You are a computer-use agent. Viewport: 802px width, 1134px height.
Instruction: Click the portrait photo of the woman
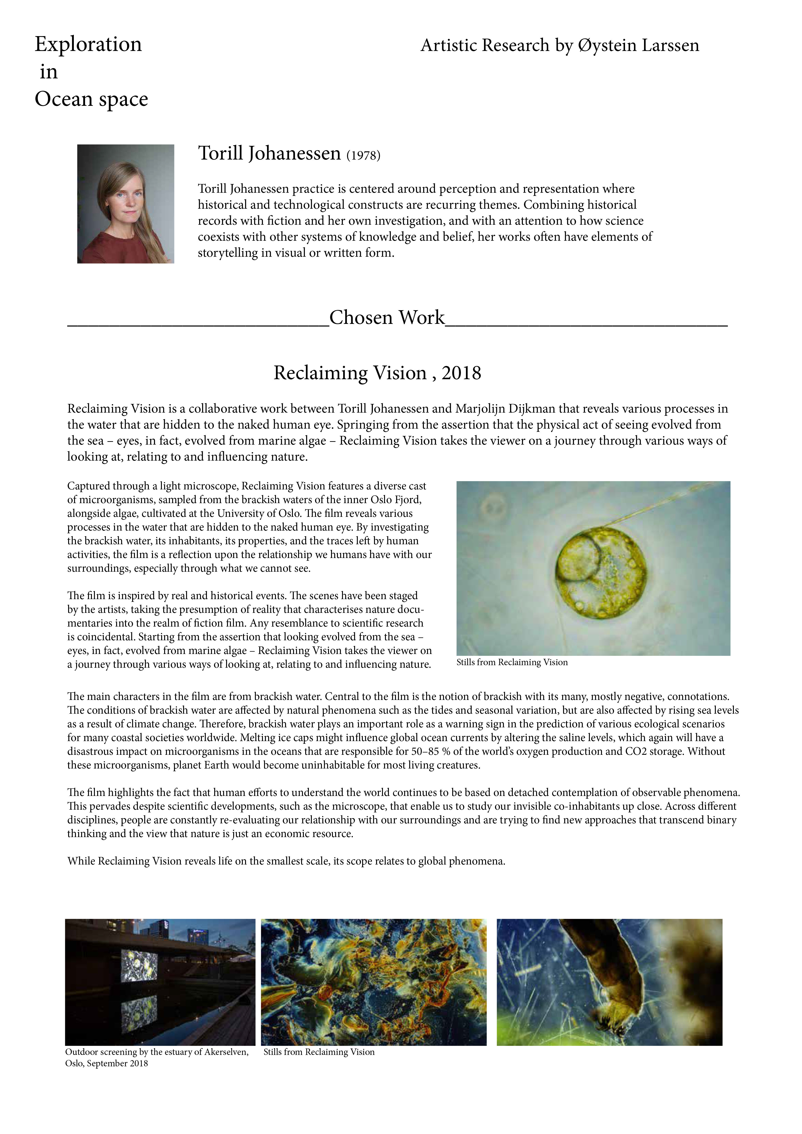pos(126,203)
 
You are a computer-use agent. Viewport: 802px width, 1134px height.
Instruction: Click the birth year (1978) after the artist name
pos(364,156)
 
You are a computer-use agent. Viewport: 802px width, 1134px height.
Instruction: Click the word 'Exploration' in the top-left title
pos(88,44)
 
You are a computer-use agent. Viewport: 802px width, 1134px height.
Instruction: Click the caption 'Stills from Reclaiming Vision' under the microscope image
pos(512,662)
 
